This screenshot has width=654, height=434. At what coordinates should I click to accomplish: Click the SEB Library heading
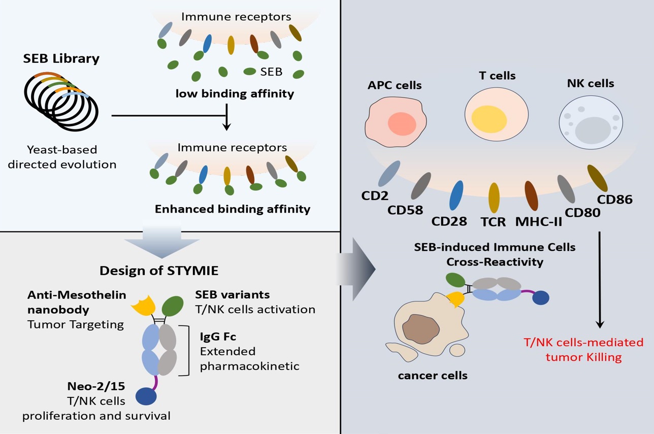[x=61, y=58]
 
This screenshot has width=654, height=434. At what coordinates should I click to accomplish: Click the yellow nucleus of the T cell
[x=488, y=118]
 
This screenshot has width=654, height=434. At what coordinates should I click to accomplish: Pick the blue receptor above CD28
[x=456, y=195]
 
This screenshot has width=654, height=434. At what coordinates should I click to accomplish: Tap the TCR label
[x=493, y=222]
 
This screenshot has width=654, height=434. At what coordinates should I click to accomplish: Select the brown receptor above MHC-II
[x=531, y=195]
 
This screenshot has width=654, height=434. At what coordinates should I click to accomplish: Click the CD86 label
[x=614, y=199]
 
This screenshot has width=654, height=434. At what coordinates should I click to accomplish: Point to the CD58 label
[x=405, y=209]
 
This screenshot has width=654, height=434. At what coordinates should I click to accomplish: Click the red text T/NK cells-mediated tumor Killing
[x=583, y=349]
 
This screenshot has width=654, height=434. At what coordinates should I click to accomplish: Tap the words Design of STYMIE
[x=159, y=271]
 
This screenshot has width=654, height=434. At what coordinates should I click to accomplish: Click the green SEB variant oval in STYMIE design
[x=173, y=307]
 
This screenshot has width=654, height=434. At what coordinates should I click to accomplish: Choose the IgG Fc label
[x=218, y=336]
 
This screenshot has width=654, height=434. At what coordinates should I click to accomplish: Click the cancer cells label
[x=433, y=376]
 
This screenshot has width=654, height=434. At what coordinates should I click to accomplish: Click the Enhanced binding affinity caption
[x=233, y=209]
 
